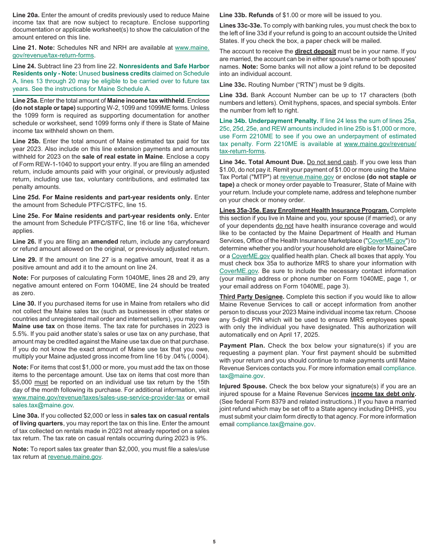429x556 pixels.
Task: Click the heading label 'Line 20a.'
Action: tap(26, 15)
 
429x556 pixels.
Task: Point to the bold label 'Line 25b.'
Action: tap(26, 141)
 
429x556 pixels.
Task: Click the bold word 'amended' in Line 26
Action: tap(104, 241)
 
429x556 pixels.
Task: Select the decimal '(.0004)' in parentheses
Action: tap(198, 344)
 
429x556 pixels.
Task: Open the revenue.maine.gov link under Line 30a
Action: tap(75, 457)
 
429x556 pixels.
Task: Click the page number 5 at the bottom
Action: tap(214, 542)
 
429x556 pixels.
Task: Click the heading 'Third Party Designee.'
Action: tap(252, 297)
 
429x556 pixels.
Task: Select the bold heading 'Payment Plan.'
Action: tap(242, 345)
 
